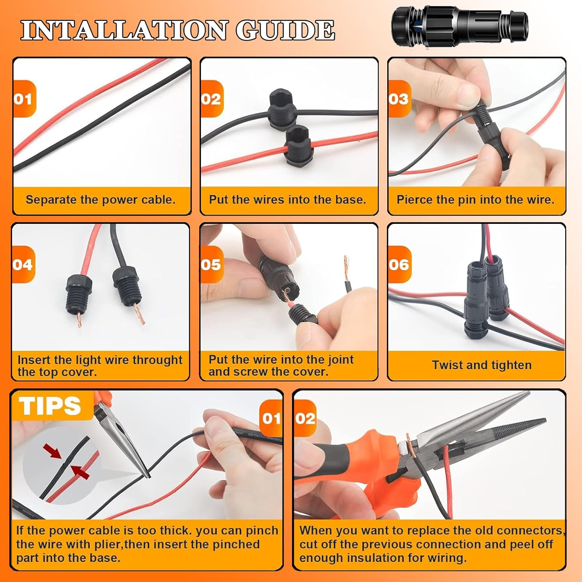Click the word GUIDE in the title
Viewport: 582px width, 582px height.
[x=285, y=30]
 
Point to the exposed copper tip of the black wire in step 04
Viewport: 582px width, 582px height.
[x=139, y=314]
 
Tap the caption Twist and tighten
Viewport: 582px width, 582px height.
[x=482, y=365]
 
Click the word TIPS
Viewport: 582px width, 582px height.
[x=50, y=406]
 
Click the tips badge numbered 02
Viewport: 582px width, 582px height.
[x=305, y=418]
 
